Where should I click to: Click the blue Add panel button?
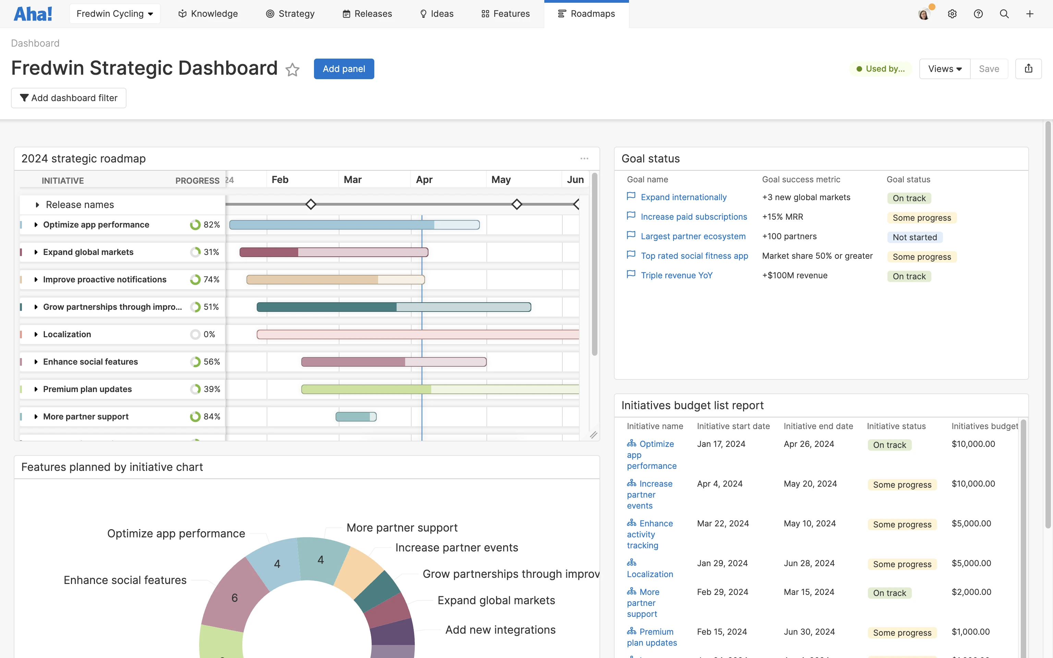(x=344, y=69)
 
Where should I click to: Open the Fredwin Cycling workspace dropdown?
(x=115, y=14)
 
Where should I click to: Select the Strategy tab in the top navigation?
(x=290, y=14)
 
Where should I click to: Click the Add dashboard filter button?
(x=69, y=98)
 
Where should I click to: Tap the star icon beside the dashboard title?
(x=292, y=70)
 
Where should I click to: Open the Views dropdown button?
(x=945, y=69)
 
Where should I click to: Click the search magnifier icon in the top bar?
(x=1004, y=14)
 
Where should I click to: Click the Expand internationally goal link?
(x=683, y=197)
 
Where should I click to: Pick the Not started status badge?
(x=915, y=237)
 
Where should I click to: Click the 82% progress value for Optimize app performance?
(x=211, y=224)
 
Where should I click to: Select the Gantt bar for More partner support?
(x=355, y=416)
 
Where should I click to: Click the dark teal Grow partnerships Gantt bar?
(x=326, y=307)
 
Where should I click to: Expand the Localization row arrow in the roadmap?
(x=36, y=334)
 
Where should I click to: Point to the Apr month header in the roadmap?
(x=424, y=180)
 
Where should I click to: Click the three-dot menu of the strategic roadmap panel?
(x=584, y=158)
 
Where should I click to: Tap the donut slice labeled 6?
(x=235, y=598)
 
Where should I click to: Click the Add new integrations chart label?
(x=500, y=630)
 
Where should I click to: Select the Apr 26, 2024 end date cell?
(x=809, y=444)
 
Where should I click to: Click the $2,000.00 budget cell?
(x=971, y=592)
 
